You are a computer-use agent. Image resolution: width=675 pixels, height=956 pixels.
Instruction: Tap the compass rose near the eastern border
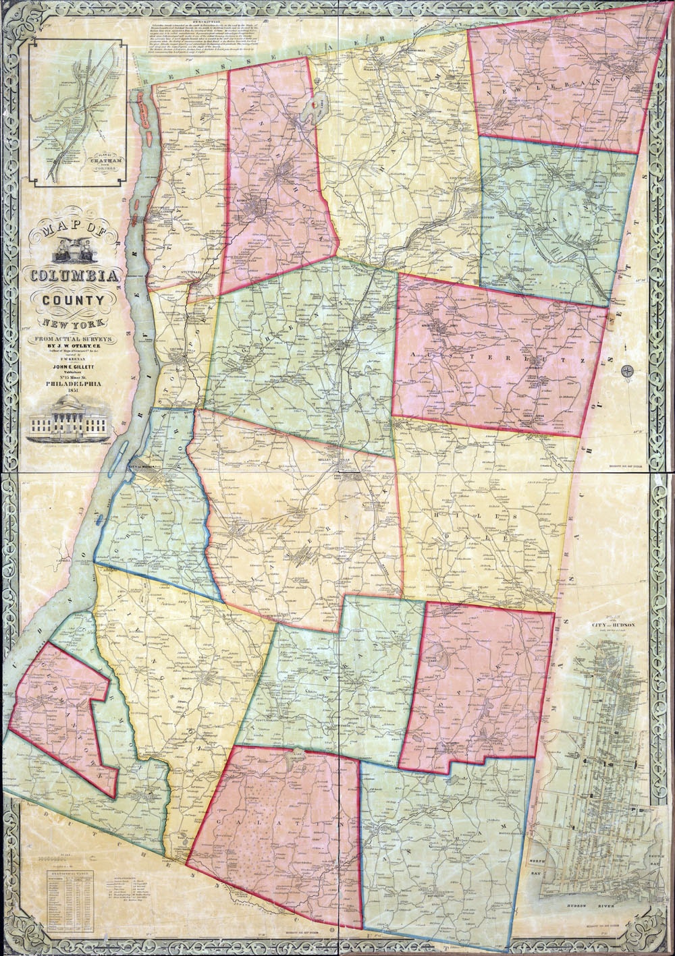point(627,370)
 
